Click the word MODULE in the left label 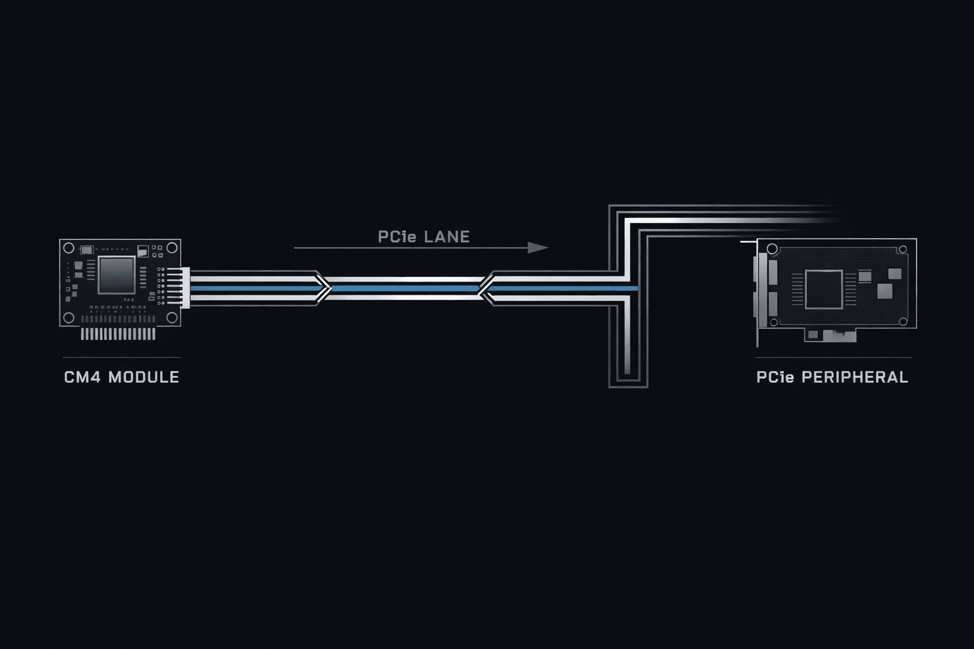(144, 377)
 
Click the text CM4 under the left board (82, 377)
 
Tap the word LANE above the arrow (447, 237)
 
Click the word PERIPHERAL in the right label (855, 377)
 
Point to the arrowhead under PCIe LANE (538, 248)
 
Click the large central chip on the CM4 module (117, 274)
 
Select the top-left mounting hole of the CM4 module (68, 248)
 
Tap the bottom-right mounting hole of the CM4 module (172, 318)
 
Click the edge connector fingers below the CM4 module (119, 333)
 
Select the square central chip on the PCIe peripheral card (824, 290)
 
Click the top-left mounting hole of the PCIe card (772, 249)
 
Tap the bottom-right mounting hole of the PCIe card (903, 322)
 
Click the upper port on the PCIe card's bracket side (773, 272)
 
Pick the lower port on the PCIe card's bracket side (773, 304)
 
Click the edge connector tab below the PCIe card (830, 335)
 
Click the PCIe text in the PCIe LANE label (397, 237)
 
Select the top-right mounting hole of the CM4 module (172, 248)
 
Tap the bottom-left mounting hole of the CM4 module (68, 318)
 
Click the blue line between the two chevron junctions (405, 288)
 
